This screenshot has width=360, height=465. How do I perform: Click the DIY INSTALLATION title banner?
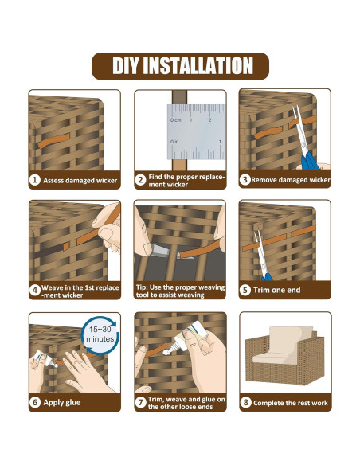(180, 66)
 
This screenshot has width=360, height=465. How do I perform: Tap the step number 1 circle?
(35, 180)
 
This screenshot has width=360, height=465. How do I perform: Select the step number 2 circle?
(140, 180)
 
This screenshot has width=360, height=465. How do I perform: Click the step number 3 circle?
(245, 179)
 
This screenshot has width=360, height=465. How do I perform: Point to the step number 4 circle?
(35, 290)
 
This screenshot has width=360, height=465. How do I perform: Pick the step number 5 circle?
(245, 290)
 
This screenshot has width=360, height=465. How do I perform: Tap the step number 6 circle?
(35, 402)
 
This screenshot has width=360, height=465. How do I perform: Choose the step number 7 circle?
(140, 402)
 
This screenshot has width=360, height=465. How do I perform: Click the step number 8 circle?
(245, 402)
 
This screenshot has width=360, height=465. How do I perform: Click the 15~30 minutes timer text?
(100, 334)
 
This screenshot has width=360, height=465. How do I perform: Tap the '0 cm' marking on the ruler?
(175, 120)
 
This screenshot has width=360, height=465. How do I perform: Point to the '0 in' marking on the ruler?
(174, 142)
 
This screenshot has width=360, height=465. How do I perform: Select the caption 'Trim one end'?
(276, 290)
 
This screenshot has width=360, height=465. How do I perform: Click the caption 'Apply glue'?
(61, 402)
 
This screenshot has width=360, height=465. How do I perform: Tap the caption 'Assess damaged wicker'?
(80, 180)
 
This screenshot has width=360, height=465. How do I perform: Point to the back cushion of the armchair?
(291, 340)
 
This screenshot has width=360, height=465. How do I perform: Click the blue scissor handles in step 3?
(309, 161)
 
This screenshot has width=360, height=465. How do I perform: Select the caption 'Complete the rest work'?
(291, 403)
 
